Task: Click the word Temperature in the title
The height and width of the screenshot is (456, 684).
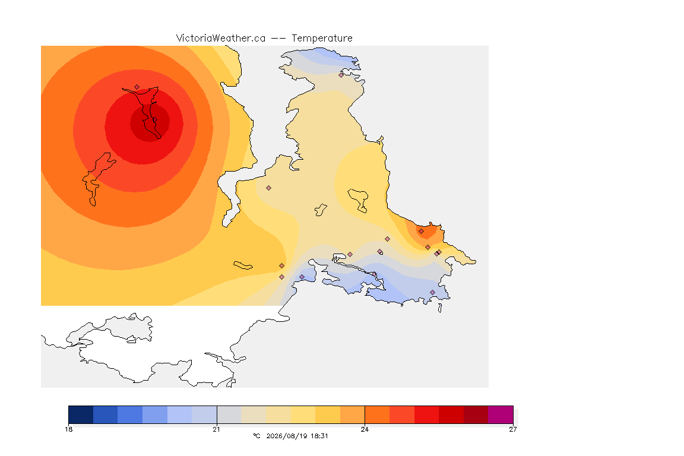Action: point(322,39)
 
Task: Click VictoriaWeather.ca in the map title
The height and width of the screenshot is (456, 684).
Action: point(221,39)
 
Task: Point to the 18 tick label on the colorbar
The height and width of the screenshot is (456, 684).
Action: point(69,429)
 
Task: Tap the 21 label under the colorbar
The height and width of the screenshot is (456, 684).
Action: point(217,429)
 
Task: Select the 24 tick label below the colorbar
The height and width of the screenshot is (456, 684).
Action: point(365,429)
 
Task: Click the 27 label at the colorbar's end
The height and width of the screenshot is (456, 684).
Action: point(513,429)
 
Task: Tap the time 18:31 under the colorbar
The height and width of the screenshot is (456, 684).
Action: point(319,436)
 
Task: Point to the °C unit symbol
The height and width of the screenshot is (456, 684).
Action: point(257,436)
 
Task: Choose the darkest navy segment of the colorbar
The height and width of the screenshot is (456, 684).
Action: point(81,414)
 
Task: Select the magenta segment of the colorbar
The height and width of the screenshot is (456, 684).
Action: point(501,414)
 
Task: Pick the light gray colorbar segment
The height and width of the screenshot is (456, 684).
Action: point(229,414)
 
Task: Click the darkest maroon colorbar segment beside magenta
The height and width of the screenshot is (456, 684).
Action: point(476,414)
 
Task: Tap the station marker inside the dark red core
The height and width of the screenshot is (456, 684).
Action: point(154,120)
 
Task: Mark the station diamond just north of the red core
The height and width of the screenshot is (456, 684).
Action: point(137,87)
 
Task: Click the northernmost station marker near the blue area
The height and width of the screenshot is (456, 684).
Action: point(341,75)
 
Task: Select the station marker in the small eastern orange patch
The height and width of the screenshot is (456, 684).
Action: point(422,232)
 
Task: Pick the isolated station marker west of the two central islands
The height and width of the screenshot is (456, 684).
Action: point(269,188)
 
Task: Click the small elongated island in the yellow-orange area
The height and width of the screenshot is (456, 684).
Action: point(243,265)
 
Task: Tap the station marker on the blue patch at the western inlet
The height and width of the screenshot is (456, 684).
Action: point(302,277)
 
